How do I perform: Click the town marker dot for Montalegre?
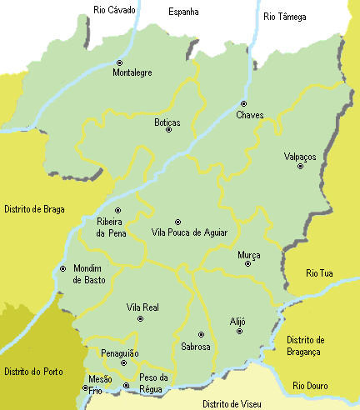click(x=119, y=62)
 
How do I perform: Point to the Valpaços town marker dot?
click(x=300, y=166)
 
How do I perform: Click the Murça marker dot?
click(x=247, y=264)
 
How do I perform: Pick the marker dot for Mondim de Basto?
click(x=63, y=268)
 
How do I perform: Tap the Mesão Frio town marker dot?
click(x=85, y=387)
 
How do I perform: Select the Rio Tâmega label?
click(x=286, y=16)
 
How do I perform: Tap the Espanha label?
click(x=183, y=12)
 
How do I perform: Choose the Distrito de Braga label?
click(x=34, y=209)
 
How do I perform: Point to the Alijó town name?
click(x=239, y=320)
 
